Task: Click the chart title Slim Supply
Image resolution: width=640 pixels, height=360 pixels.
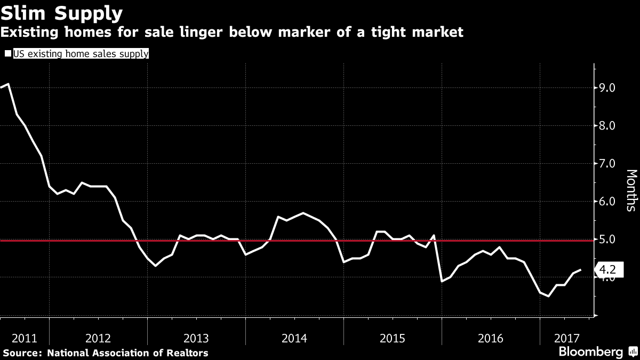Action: pos(62,13)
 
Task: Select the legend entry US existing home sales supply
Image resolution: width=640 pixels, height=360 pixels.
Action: pos(81,53)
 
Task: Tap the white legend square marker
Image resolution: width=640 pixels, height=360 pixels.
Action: pos(7,53)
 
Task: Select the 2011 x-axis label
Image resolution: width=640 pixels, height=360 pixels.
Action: pos(25,338)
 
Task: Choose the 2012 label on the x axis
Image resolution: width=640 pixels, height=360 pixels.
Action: pos(98,338)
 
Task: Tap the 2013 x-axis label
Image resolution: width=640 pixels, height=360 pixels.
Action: pos(196,338)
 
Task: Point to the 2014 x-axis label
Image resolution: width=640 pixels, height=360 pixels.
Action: pos(294,338)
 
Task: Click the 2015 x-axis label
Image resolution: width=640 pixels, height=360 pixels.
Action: pos(393,338)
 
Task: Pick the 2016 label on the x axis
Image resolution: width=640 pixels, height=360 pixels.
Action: pos(491,338)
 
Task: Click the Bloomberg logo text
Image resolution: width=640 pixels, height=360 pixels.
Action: pos(590,352)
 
